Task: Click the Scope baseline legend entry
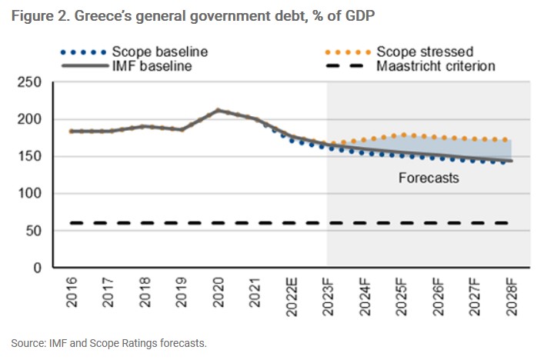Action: click(159, 52)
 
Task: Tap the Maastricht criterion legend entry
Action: click(436, 66)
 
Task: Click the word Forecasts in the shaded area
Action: click(429, 178)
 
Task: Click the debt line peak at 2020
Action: click(219, 111)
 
